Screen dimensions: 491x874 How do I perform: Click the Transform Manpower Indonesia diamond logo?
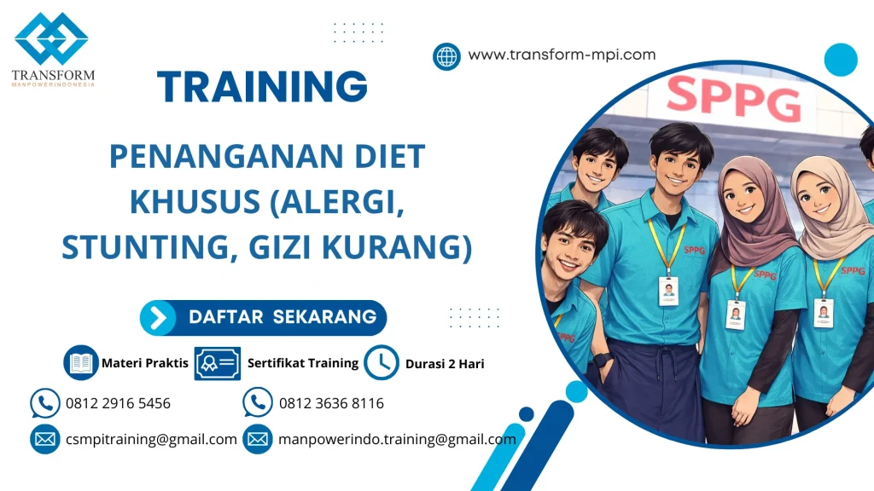51,38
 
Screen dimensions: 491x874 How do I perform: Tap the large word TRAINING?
263,87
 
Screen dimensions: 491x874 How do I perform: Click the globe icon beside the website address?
446,56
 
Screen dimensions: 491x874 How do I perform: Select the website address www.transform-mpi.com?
562,55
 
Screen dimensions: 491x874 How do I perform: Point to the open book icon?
81,362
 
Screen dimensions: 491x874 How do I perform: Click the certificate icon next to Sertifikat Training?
217,363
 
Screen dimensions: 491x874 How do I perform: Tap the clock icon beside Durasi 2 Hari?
382,362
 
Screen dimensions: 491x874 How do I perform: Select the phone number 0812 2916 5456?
118,403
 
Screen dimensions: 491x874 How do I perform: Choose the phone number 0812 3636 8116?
331,403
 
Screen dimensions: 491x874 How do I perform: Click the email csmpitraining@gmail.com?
151,440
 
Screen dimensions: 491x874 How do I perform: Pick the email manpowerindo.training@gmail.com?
397,440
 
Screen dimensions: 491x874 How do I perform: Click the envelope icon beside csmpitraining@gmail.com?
44,440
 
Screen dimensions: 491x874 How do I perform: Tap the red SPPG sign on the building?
733,99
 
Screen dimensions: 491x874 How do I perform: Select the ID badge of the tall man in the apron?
667,290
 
